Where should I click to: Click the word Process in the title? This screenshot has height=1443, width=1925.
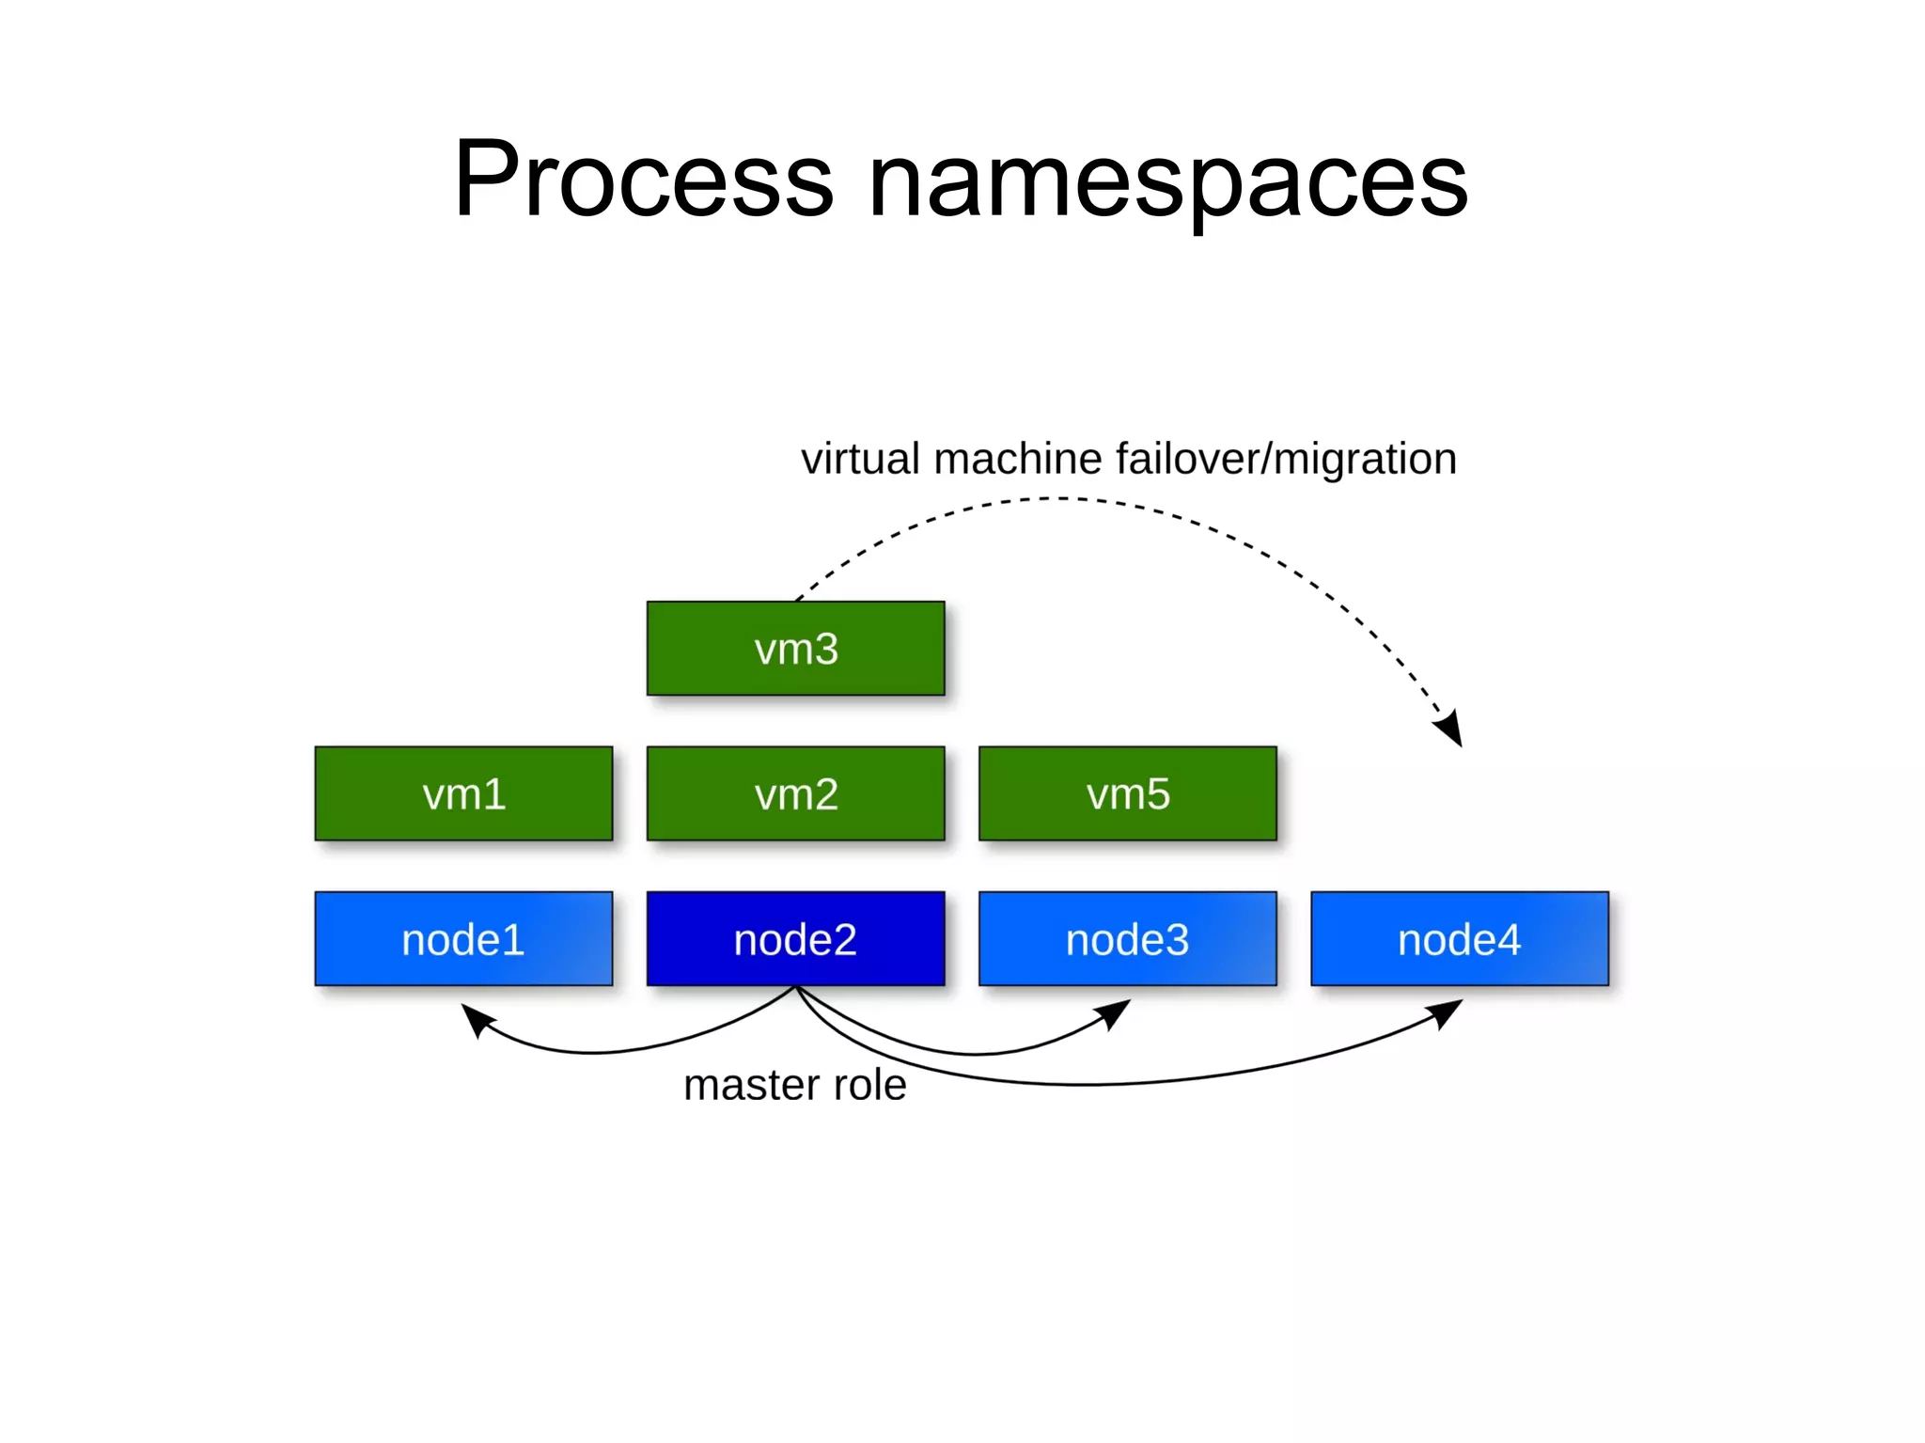coord(643,179)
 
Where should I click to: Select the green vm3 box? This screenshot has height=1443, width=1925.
coord(795,649)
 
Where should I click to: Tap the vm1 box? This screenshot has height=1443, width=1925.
coord(463,793)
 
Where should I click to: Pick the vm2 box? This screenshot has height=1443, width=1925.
coord(795,793)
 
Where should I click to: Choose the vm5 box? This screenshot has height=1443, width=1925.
coord(1127,793)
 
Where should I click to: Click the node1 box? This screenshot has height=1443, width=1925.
coord(463,938)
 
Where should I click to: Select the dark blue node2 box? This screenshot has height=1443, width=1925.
coord(795,938)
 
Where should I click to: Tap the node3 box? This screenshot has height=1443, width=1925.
coord(1127,938)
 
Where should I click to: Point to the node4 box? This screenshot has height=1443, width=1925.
coord(1459,938)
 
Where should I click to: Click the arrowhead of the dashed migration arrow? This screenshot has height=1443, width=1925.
coord(1450,729)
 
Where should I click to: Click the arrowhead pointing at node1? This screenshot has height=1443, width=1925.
coord(476,1018)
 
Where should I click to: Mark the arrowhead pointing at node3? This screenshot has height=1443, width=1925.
coord(1116,1012)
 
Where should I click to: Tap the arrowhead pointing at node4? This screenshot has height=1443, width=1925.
coord(1448,1012)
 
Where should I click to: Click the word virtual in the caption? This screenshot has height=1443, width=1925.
coord(860,459)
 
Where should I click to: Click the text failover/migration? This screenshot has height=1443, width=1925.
coord(1286,459)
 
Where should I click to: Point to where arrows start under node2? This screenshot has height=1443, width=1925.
coord(796,987)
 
